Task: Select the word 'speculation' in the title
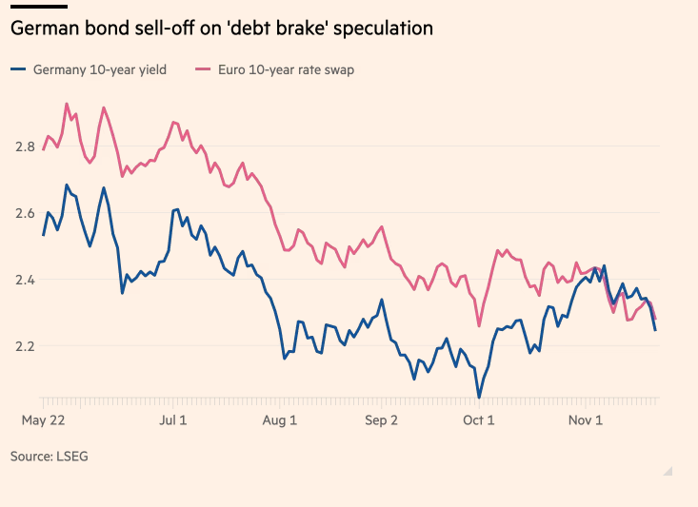[x=386, y=29]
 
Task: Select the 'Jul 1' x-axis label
[x=173, y=419]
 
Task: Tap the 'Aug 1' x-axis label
[x=280, y=419]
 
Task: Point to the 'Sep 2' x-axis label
[x=381, y=419]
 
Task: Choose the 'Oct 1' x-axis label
[x=478, y=419]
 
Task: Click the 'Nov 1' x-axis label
[x=586, y=419]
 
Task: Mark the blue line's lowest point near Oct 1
[x=479, y=398]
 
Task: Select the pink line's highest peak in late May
[x=66, y=104]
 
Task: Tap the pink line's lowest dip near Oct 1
[x=479, y=326]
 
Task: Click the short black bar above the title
[x=38, y=7]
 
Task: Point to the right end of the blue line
[x=655, y=330]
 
